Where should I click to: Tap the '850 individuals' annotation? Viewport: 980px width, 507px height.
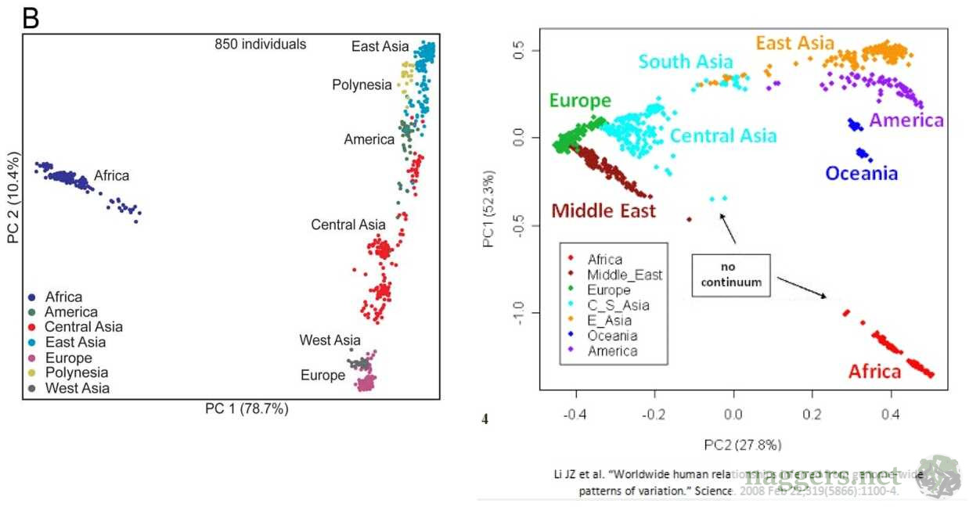[260, 45]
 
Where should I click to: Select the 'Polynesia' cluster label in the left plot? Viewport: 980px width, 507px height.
[362, 85]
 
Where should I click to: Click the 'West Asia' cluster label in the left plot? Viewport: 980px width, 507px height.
[330, 340]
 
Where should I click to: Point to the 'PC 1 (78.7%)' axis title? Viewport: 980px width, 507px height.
[247, 408]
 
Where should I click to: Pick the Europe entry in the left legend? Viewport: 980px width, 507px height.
[68, 358]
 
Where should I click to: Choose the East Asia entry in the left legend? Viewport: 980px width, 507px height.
[75, 342]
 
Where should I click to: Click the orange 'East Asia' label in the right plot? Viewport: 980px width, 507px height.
[795, 43]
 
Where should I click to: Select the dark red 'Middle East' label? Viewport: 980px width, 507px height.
[603, 210]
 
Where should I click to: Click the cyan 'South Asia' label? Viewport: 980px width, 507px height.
[685, 62]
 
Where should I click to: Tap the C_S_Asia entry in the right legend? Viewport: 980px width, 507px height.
[618, 304]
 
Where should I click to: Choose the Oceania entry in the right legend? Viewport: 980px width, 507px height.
[612, 336]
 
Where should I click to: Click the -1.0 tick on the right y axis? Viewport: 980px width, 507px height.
[521, 313]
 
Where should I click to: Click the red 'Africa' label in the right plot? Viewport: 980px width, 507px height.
[875, 372]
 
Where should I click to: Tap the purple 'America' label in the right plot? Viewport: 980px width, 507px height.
[906, 120]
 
